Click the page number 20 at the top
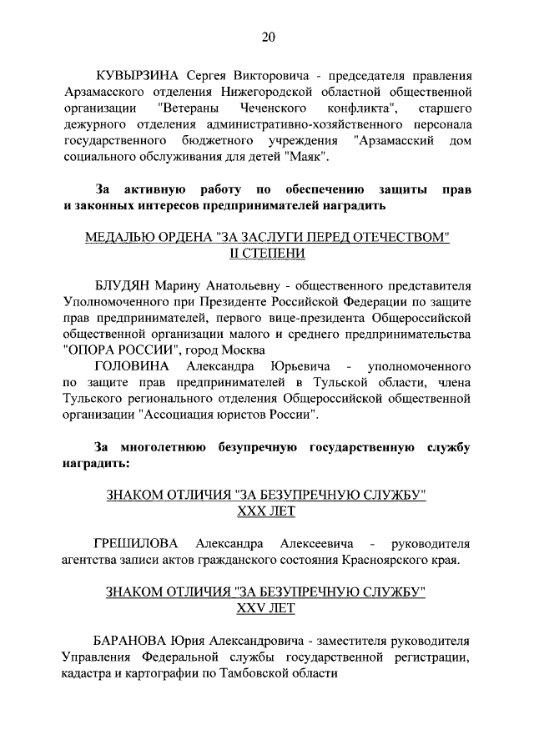tap(267, 36)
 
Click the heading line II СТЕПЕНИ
tap(267, 254)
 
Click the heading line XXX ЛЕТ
tap(267, 510)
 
